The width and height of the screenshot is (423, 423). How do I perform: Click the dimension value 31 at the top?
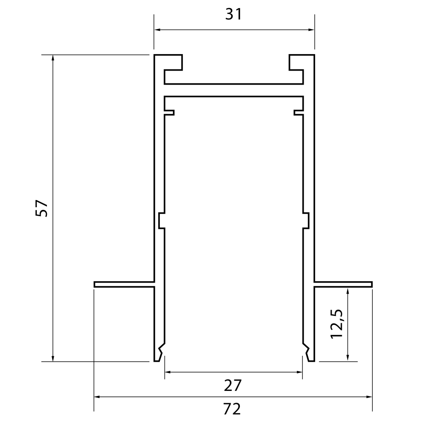[x=233, y=14]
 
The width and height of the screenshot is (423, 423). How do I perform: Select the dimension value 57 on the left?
[x=42, y=208]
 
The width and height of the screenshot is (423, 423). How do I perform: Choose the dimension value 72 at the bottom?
[x=232, y=409]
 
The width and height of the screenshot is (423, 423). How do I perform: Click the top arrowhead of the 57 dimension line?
[x=53, y=58]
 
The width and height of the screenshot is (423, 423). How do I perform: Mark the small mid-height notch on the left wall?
[x=161, y=221]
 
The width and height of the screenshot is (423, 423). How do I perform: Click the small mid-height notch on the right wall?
[x=306, y=221]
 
